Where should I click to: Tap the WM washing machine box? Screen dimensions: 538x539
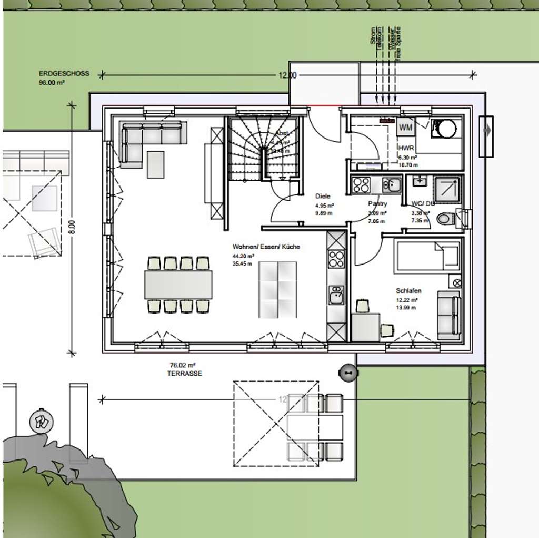tap(405, 127)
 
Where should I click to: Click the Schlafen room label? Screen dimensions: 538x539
tap(408, 290)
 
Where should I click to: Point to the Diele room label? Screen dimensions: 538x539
tap(323, 195)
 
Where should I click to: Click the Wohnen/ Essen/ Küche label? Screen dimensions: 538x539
tap(266, 247)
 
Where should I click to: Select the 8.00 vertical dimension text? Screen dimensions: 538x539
tap(76, 227)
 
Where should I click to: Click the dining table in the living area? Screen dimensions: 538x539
tap(178, 285)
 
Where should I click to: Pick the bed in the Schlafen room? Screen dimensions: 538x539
tap(426, 257)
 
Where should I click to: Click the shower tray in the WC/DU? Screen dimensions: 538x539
tap(447, 189)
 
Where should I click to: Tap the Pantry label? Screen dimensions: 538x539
tap(378, 204)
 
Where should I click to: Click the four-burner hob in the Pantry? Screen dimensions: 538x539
tap(361, 184)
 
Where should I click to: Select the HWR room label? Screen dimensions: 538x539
tap(406, 148)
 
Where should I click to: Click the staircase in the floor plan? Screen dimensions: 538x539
tap(265, 149)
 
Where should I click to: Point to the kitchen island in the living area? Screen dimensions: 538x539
tap(277, 289)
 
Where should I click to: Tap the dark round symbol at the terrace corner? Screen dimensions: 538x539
tap(348, 373)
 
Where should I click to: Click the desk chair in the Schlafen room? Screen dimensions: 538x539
tap(387, 330)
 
